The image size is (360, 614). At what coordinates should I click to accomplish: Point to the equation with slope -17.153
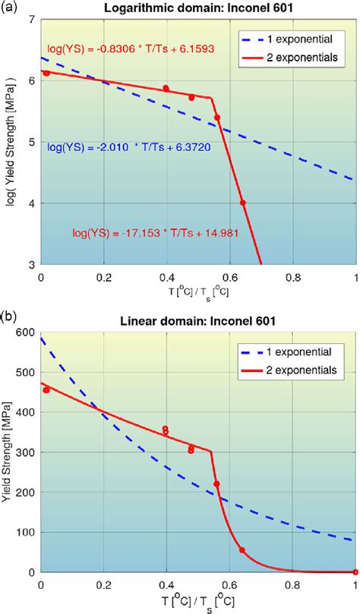(x=156, y=234)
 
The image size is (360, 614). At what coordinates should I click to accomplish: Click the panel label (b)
(x=9, y=313)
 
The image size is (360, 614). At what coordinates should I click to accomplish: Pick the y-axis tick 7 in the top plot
(x=30, y=18)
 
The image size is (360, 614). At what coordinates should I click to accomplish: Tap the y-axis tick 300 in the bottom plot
(x=24, y=452)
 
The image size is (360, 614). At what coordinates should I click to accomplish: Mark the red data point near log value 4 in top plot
(x=243, y=203)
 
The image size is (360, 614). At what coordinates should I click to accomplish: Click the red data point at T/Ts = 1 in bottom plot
(x=355, y=572)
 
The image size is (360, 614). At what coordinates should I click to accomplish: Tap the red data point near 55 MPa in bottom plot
(x=242, y=550)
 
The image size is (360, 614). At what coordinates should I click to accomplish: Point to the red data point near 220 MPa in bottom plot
(x=217, y=483)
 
